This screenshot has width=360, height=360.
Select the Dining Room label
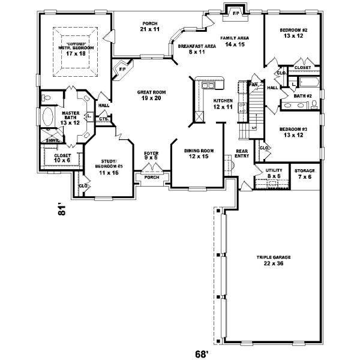(184, 153)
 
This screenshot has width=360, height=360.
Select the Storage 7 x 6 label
(305, 173)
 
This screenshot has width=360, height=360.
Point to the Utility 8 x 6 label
(274, 173)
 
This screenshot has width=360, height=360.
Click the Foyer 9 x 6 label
(151, 156)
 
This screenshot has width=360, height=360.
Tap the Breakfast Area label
(193, 49)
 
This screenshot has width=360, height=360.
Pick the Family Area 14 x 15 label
(234, 41)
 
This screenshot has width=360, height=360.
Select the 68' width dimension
(203, 353)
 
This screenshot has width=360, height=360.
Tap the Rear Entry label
(242, 154)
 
